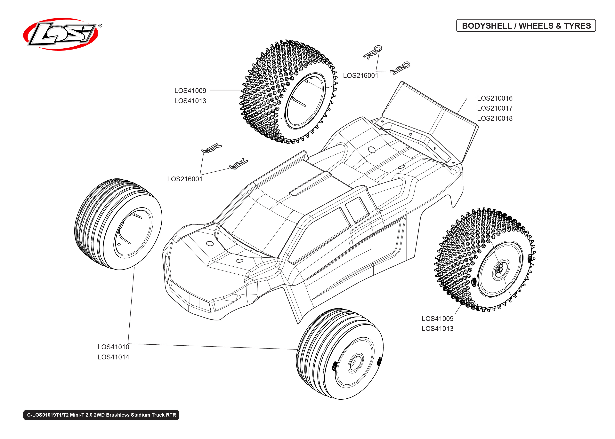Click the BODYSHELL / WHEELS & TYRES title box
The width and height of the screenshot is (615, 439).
[x=526, y=26]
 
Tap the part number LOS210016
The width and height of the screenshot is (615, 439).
[x=494, y=98]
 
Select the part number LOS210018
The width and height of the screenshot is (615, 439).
[x=494, y=118]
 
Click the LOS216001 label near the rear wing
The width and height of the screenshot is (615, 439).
[x=360, y=75]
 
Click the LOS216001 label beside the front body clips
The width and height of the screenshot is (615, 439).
[x=184, y=179]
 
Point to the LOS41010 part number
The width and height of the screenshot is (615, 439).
[x=113, y=347]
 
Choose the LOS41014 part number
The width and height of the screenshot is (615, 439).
[x=113, y=357]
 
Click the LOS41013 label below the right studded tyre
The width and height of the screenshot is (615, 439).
[x=437, y=328]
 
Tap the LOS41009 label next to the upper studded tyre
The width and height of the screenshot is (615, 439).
[x=190, y=90]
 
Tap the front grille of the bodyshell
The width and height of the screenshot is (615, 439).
[x=189, y=297]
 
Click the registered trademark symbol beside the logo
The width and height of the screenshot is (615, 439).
[x=100, y=26]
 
